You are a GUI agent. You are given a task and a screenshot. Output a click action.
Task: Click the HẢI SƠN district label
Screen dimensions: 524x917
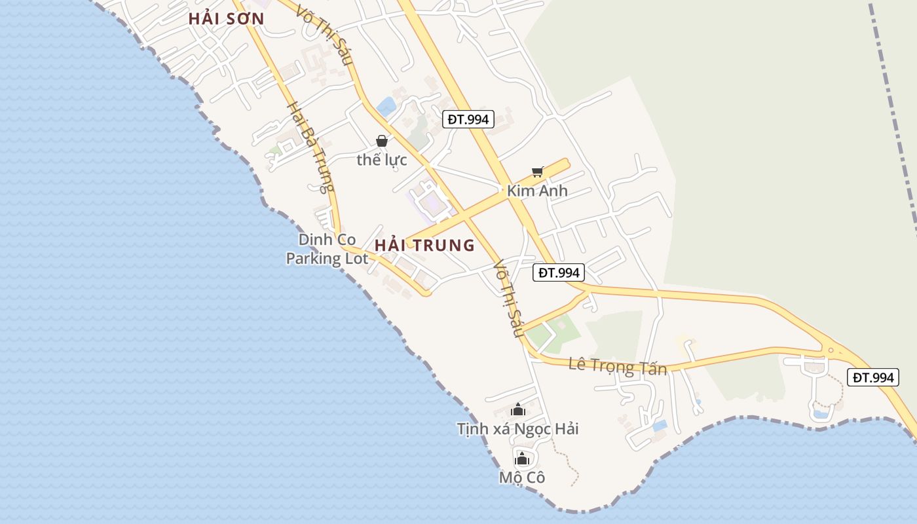(226, 19)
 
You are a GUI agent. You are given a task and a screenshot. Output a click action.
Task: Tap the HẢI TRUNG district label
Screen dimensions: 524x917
(424, 246)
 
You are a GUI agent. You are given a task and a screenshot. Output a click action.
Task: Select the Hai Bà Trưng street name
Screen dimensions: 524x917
(307, 147)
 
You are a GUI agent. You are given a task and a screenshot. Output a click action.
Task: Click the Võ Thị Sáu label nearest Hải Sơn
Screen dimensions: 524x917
(325, 36)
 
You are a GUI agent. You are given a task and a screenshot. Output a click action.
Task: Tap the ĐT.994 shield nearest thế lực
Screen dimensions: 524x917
(468, 119)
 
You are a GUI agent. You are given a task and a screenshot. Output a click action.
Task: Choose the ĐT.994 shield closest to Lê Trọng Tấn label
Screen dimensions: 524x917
(558, 272)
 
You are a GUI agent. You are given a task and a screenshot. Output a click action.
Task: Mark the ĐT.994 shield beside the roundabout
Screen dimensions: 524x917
(872, 377)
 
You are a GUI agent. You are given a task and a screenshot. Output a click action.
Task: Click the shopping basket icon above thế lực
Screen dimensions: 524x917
(382, 141)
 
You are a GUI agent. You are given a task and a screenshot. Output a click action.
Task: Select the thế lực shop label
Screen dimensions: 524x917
(382, 159)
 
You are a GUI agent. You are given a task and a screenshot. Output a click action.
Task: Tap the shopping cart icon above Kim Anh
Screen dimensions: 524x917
(537, 172)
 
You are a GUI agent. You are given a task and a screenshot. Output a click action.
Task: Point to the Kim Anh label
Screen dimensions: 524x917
(537, 191)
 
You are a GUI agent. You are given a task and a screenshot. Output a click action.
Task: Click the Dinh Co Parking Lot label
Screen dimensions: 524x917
(327, 249)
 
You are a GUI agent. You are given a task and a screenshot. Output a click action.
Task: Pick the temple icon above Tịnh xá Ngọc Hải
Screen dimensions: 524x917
(518, 410)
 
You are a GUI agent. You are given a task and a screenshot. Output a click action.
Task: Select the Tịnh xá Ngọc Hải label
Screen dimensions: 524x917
(517, 429)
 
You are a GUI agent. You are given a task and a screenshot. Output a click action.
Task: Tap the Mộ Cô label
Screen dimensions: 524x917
(521, 477)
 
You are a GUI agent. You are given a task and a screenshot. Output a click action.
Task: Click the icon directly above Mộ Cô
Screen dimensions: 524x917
(521, 458)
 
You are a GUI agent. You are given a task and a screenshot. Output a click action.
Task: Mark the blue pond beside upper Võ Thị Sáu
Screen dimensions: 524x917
(386, 106)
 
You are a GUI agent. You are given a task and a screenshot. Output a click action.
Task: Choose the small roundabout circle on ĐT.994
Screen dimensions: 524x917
(831, 350)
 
